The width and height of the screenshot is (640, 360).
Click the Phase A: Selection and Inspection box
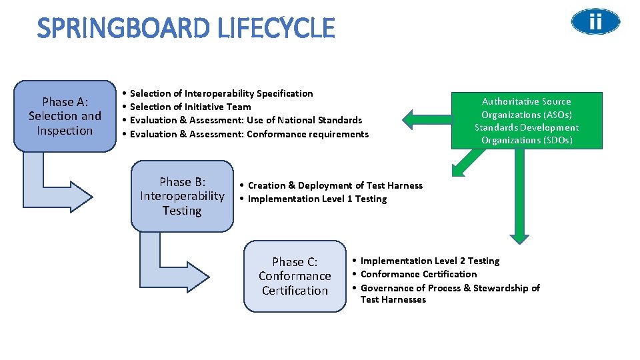click(x=65, y=116)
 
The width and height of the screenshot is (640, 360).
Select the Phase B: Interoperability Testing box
click(x=182, y=196)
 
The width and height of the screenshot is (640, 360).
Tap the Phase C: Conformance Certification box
click(x=295, y=276)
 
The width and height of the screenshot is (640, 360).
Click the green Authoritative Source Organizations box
click(x=527, y=121)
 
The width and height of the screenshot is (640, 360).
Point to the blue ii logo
click(x=595, y=22)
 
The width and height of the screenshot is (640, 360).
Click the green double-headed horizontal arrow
click(x=427, y=120)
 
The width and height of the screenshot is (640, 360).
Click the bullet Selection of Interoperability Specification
click(x=221, y=93)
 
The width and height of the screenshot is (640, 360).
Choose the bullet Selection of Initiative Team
click(x=190, y=107)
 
